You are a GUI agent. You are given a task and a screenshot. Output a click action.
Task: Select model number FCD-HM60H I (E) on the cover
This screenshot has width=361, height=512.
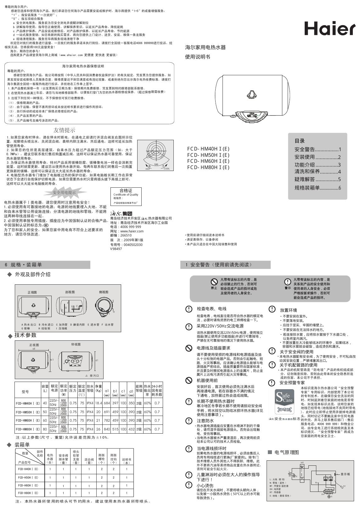pyautogui.click(x=208, y=161)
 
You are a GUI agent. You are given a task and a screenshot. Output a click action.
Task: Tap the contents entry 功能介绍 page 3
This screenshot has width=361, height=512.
pyautogui.click(x=318, y=165)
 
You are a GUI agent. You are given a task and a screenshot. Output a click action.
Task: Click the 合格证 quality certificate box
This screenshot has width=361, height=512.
pyautogui.click(x=126, y=196)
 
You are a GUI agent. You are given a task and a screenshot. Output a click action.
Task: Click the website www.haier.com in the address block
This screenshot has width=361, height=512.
pyautogui.click(x=132, y=231)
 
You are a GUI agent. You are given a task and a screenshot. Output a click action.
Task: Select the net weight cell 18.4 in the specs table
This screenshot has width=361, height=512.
pyautogui.click(x=98, y=403)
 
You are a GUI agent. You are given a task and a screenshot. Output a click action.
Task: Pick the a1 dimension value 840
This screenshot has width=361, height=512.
pyautogui.click(x=107, y=429)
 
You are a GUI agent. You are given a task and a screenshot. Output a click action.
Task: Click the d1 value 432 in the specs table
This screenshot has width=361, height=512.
pyautogui.click(x=131, y=429)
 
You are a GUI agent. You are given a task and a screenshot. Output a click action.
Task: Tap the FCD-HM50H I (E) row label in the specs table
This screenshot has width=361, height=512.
pyautogui.click(x=28, y=412)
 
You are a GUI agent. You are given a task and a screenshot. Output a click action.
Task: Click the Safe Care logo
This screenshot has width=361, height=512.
pyautogui.click(x=284, y=401)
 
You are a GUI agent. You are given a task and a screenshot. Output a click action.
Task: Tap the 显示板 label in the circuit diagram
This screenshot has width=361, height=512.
pyautogui.click(x=345, y=474)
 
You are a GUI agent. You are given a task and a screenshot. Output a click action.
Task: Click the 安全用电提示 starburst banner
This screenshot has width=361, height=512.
pyautogui.click(x=64, y=192)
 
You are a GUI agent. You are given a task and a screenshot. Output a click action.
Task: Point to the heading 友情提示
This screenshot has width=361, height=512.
pyautogui.click(x=64, y=130)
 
